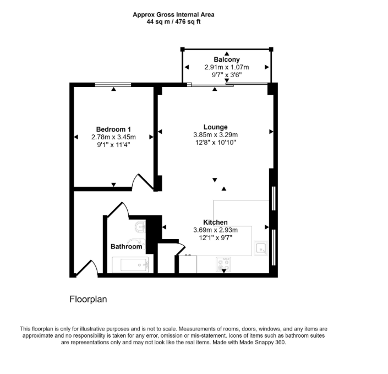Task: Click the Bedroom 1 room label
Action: click(x=113, y=129)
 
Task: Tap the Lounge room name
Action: click(x=216, y=127)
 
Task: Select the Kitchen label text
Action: click(x=215, y=222)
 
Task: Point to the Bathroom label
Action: click(x=126, y=246)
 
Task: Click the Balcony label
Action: click(x=227, y=59)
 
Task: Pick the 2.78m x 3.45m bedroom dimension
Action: click(x=113, y=137)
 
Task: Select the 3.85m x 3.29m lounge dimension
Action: click(x=216, y=135)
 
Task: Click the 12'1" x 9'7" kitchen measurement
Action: click(x=216, y=238)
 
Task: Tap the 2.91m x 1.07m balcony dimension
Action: click(x=227, y=67)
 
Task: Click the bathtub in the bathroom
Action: click(x=130, y=265)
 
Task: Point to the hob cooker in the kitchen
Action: click(x=223, y=264)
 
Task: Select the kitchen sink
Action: click(x=260, y=248)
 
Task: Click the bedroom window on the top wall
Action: click(x=113, y=85)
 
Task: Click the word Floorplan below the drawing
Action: click(x=88, y=299)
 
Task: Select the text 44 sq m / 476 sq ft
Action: click(x=173, y=22)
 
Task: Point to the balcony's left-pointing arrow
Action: click(x=187, y=67)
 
